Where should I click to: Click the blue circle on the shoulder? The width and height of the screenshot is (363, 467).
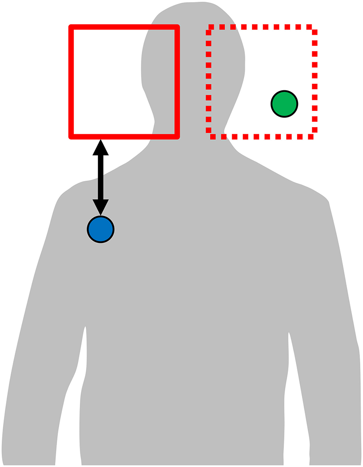[x=101, y=229]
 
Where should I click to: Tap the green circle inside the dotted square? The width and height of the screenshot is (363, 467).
[x=284, y=104]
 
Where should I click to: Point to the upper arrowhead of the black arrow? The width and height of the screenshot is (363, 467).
[x=101, y=147]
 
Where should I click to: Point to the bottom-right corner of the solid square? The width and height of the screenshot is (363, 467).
[x=177, y=136]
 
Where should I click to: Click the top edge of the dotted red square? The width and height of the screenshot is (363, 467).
[x=262, y=27]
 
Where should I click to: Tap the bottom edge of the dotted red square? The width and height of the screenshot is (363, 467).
[x=262, y=137]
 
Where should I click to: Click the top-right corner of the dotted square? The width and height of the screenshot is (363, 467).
[x=314, y=28]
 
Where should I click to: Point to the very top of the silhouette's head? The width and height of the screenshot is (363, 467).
[x=193, y=4]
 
